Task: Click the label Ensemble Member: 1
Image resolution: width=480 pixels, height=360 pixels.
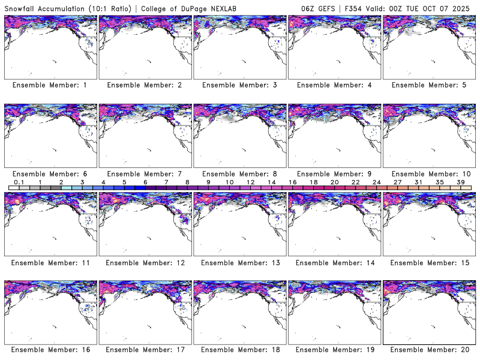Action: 50,85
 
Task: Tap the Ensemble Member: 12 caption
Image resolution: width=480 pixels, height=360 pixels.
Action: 144,262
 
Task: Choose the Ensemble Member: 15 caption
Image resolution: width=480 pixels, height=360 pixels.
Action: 428,262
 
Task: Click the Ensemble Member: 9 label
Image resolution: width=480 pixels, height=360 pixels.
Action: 334,173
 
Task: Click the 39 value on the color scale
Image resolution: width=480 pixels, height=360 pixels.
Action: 460,182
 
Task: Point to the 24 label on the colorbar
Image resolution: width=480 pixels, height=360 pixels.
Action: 376,182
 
